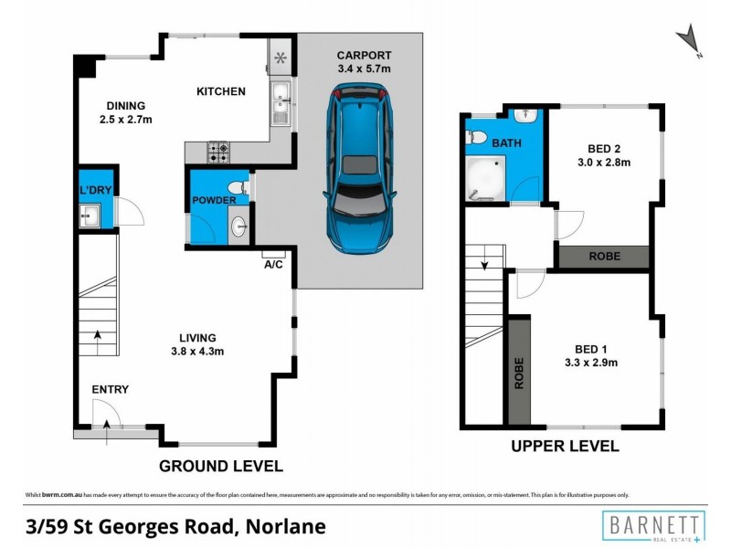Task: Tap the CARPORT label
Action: (x=363, y=55)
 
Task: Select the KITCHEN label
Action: (x=221, y=91)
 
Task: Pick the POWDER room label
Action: (x=214, y=200)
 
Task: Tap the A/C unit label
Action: (x=273, y=265)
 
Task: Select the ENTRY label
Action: (x=110, y=390)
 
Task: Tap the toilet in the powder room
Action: (x=236, y=188)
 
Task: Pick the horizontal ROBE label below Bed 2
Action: (x=602, y=257)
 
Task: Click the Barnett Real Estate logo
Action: (x=652, y=526)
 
